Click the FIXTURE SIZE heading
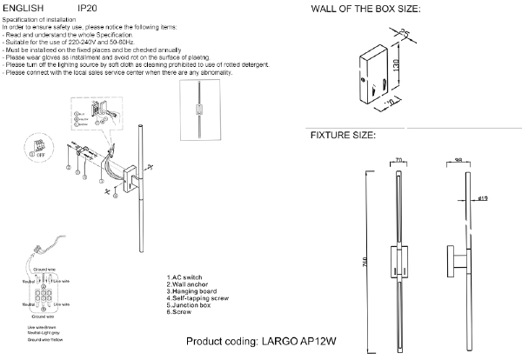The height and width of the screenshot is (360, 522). [343, 137]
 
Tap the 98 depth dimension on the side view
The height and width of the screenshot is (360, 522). [459, 160]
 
